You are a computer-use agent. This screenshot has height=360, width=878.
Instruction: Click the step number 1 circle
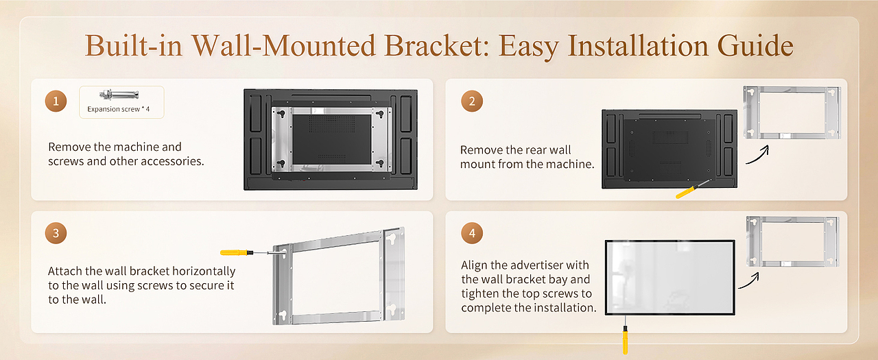pyautogui.click(x=56, y=103)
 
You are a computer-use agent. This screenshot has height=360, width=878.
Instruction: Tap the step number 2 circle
pyautogui.click(x=472, y=102)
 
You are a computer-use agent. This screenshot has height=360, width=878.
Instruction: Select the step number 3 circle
pyautogui.click(x=56, y=234)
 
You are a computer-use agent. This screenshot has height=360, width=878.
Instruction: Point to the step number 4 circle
pyautogui.click(x=472, y=234)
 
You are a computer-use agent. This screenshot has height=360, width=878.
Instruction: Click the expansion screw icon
pyautogui.click(x=121, y=95)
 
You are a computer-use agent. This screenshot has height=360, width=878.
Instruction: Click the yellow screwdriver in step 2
pyautogui.click(x=689, y=190)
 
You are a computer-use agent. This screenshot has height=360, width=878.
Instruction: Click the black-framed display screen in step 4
pyautogui.click(x=669, y=277)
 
